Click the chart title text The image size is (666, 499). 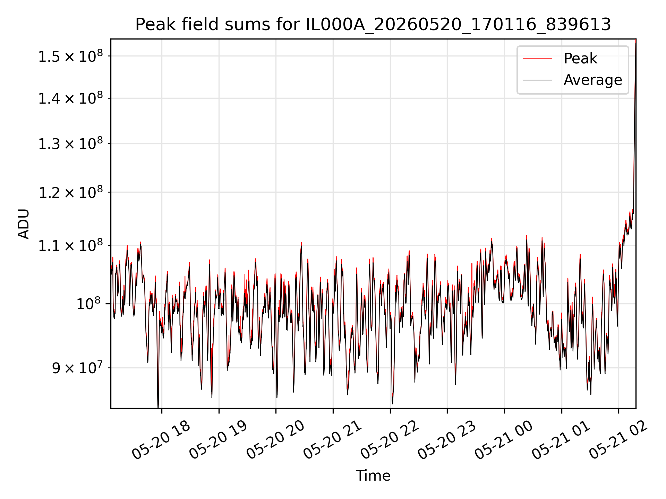coord(373,25)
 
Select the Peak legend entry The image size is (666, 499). coord(580,58)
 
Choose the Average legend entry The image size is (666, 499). coord(593,80)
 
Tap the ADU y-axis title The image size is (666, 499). coord(24,224)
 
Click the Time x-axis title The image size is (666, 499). coord(373,475)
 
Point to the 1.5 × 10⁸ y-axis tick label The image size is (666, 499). coord(71,56)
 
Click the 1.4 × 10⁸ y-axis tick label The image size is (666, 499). coord(71,98)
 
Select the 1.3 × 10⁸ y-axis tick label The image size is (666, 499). coord(71,143)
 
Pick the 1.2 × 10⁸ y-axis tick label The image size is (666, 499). coord(71,192)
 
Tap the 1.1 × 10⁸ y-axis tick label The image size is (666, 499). coord(71,245)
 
